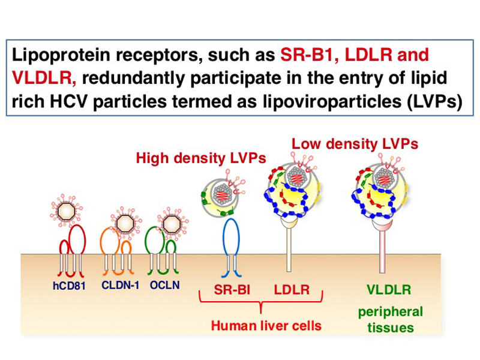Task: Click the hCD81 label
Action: pyautogui.click(x=69, y=285)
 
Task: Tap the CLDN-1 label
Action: pyautogui.click(x=120, y=284)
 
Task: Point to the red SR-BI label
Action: pyautogui.click(x=232, y=290)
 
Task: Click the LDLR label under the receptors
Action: pyautogui.click(x=292, y=290)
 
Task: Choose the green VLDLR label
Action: pyautogui.click(x=389, y=290)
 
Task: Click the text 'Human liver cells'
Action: pyautogui.click(x=266, y=326)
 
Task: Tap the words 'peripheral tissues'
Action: pyautogui.click(x=390, y=320)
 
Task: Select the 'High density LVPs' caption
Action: pyautogui.click(x=200, y=158)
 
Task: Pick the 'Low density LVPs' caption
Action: pyautogui.click(x=355, y=144)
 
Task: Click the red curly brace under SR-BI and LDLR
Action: pyautogui.click(x=260, y=304)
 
